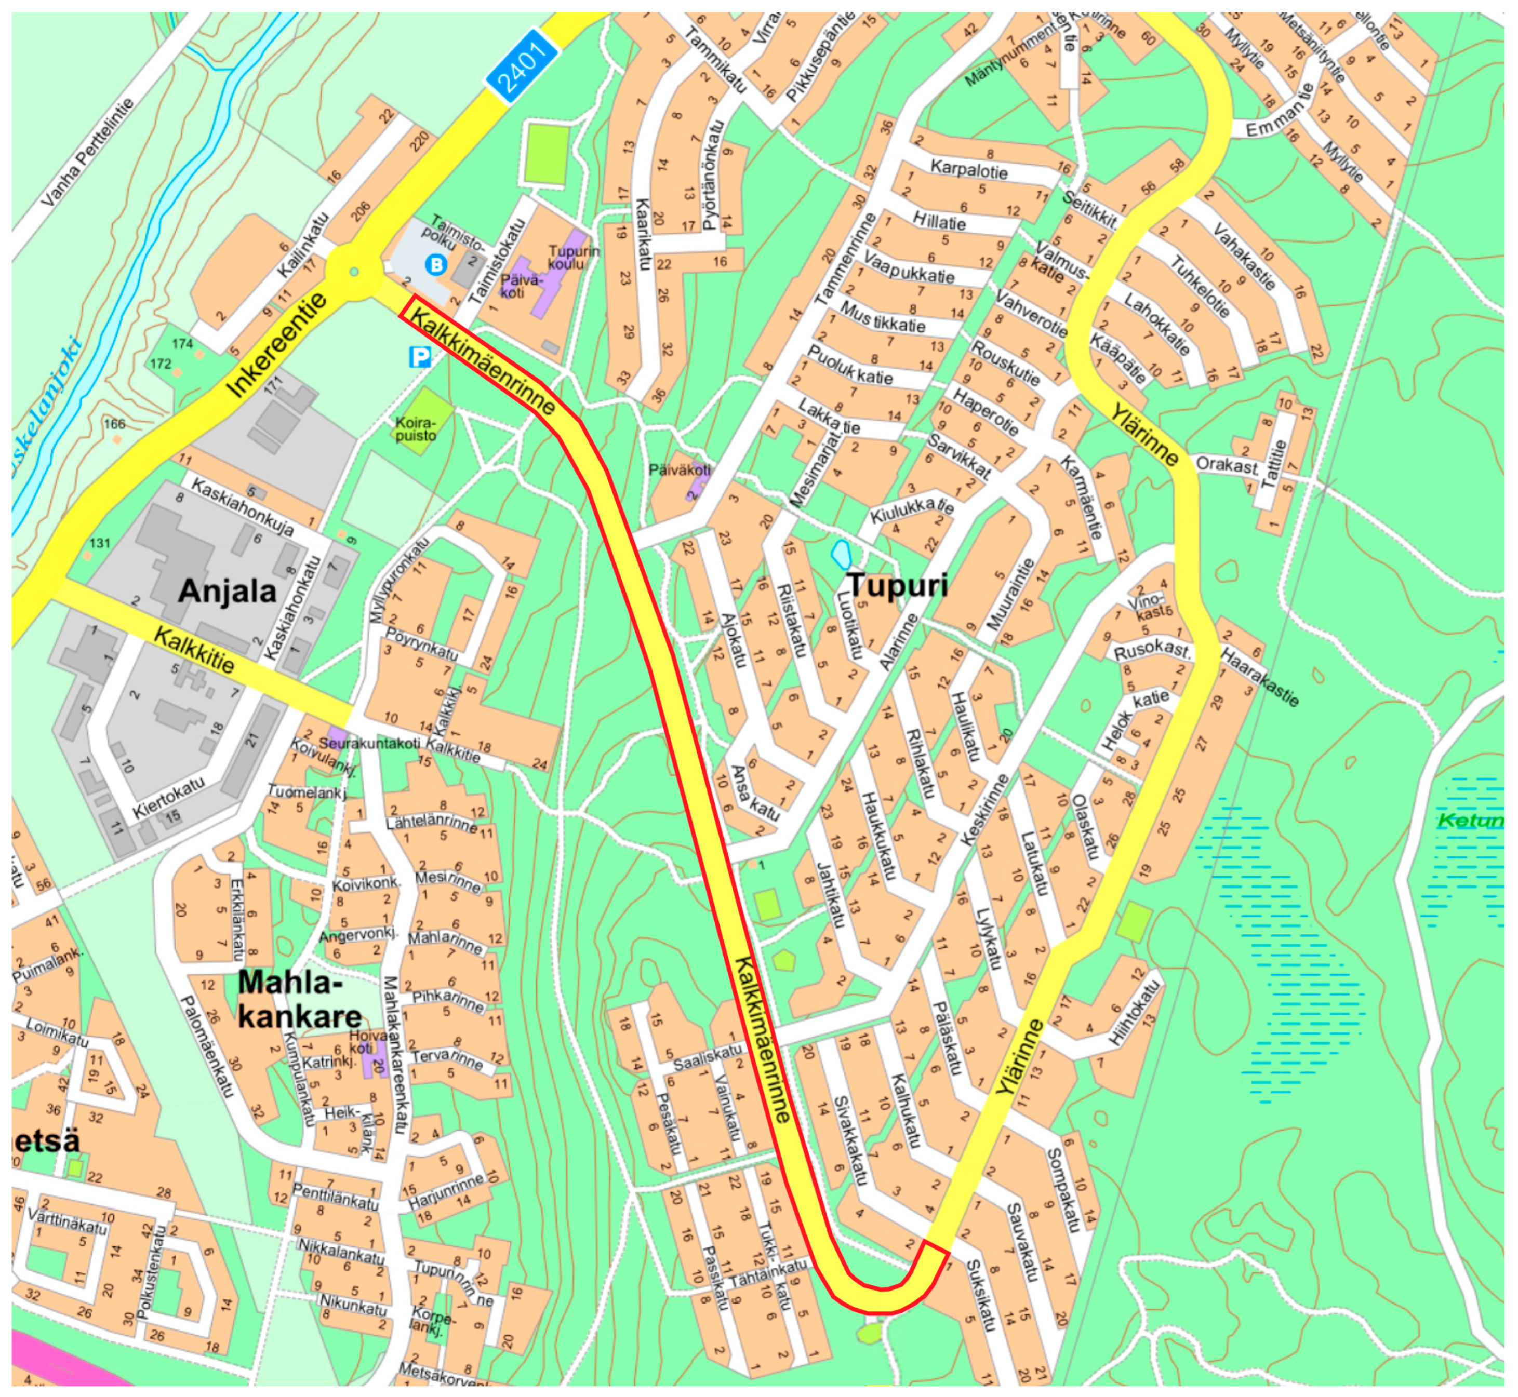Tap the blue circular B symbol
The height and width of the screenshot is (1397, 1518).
tap(436, 264)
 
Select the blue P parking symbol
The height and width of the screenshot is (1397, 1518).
tap(419, 356)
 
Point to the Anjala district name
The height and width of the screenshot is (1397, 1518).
tap(227, 590)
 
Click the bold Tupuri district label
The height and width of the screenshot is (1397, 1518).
tap(897, 584)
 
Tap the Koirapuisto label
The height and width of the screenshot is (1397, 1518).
tap(415, 429)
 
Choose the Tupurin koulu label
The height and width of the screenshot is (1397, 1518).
tap(574, 257)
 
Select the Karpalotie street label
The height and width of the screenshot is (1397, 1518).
tap(969, 169)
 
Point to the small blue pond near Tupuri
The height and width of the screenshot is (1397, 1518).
tap(841, 554)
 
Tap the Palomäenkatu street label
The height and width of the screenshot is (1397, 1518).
tap(206, 1046)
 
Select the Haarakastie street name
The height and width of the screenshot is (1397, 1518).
tap(1260, 677)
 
